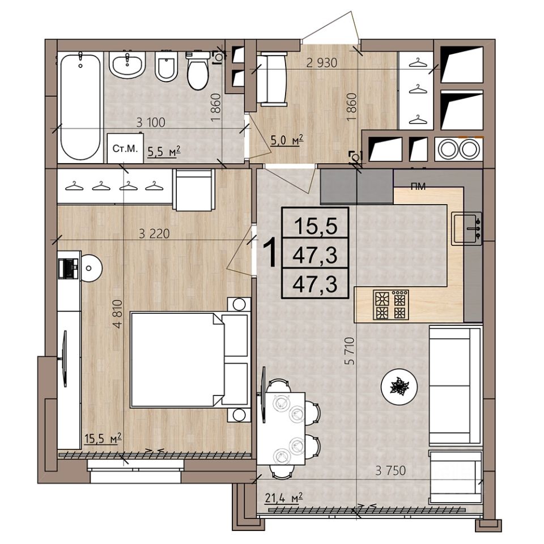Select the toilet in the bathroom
pos(198,71)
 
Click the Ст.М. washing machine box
pos(125,148)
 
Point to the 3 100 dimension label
pos(151,122)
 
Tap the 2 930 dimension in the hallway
pos(322,63)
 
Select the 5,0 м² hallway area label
pos(287,140)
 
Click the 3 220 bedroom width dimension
pos(154,234)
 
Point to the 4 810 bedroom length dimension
pos(118,314)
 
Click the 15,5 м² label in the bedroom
pos(103,438)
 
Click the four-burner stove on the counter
pos(391,305)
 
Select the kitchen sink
pos(466,228)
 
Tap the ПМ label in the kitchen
pos(418,186)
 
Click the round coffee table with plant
pos(399,386)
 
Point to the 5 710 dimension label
pos(351,351)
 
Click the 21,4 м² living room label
pos(284,499)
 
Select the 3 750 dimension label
pos(390,471)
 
